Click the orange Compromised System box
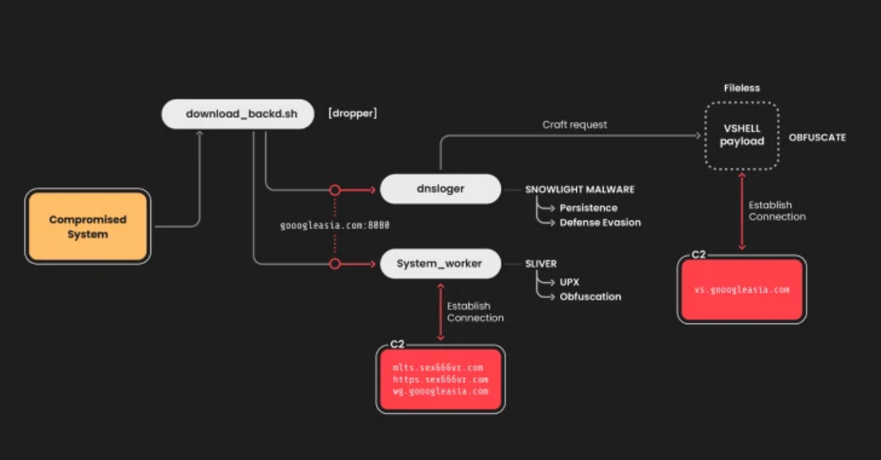(87, 226)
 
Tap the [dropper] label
(352, 114)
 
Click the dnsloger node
(440, 189)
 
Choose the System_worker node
(440, 264)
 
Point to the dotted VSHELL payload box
(741, 135)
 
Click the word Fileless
(741, 88)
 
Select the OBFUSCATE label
(817, 138)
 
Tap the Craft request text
(575, 125)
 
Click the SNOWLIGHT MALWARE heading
(579, 190)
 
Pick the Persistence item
(588, 208)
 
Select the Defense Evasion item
(600, 222)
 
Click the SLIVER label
(541, 264)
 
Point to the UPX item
(569, 282)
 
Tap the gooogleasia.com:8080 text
(335, 226)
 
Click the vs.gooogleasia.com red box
(741, 289)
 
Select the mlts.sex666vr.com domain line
(438, 368)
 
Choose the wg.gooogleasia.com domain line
(440, 391)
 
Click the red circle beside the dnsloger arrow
(334, 190)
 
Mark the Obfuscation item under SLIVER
(590, 296)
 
